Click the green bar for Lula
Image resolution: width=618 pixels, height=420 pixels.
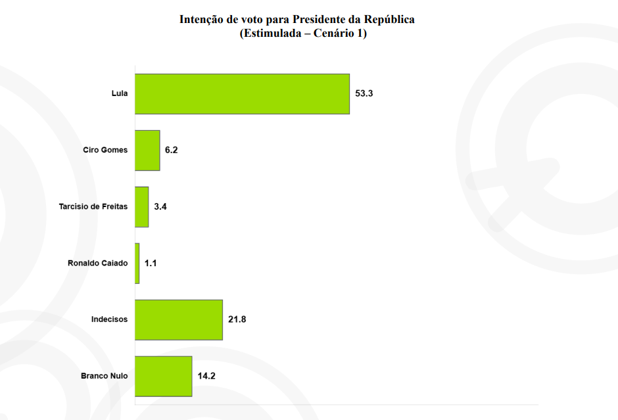coord(242,94)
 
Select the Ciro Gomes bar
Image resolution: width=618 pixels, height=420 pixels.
coord(147,151)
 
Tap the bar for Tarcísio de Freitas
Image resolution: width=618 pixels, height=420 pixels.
coord(142,207)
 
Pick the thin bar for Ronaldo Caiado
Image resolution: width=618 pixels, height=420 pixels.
coord(137,264)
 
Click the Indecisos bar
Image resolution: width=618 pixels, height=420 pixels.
coord(179,319)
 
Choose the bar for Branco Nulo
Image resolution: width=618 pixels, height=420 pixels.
coord(164,376)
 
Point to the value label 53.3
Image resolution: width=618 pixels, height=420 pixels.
coord(364,94)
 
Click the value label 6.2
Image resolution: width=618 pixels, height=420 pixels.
coord(172,151)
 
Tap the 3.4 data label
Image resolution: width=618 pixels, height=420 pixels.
coord(160,207)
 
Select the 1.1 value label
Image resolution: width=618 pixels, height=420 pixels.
coord(151,264)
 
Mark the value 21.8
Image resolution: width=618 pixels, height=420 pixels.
coord(237,319)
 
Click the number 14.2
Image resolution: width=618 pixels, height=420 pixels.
coord(207,376)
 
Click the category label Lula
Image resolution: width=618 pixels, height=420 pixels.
coord(120,94)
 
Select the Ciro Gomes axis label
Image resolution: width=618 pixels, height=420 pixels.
coord(105,151)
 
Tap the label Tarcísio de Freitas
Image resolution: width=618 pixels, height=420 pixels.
coord(93,207)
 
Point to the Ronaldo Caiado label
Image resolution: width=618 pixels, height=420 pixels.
coord(98,264)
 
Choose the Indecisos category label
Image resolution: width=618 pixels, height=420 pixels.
coord(109,319)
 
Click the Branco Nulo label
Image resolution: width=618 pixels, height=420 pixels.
coord(105,376)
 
